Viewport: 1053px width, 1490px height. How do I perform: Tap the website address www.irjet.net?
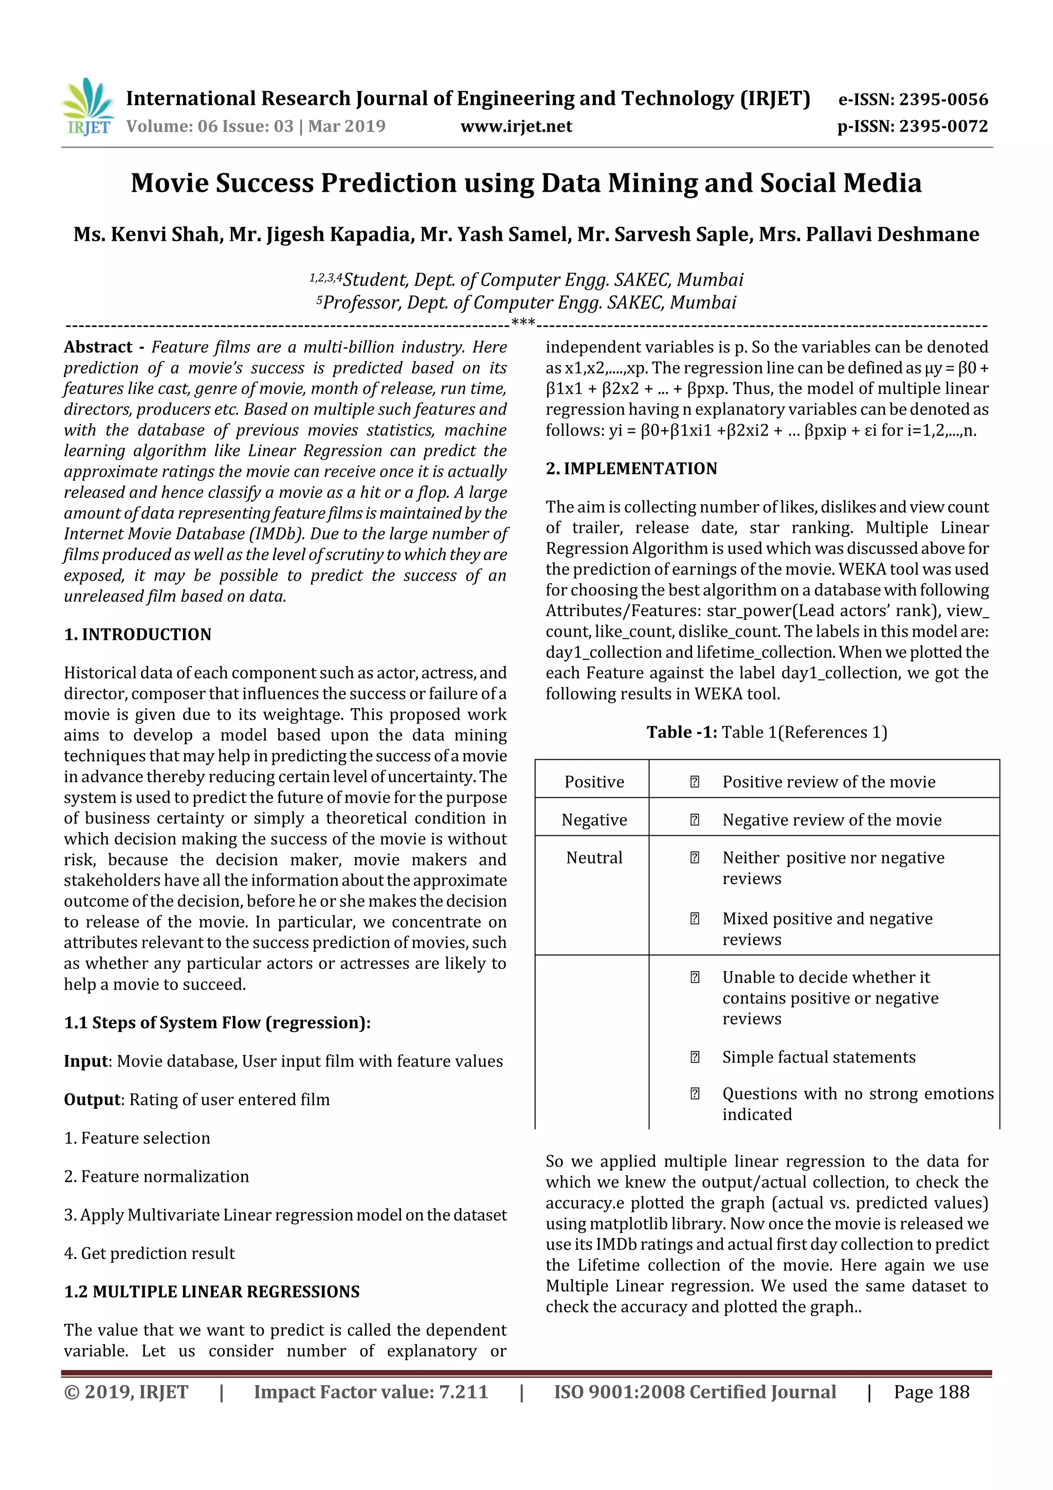[516, 127]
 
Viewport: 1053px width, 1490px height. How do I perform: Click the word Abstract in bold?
[98, 347]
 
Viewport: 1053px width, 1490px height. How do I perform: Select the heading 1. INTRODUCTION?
[138, 635]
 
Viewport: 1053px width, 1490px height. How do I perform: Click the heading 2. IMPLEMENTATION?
[631, 469]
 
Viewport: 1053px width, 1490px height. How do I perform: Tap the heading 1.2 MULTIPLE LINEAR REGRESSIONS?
[211, 1291]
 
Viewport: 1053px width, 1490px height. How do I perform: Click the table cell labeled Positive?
[594, 782]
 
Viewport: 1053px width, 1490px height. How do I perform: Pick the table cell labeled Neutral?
[594, 858]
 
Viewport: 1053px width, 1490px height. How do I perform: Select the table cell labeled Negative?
[594, 820]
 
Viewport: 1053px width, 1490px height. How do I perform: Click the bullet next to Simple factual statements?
[694, 1057]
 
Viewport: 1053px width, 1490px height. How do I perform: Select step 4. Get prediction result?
[149, 1253]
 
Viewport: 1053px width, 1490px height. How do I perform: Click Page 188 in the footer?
[931, 1392]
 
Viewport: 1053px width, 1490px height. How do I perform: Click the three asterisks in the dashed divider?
[523, 322]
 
